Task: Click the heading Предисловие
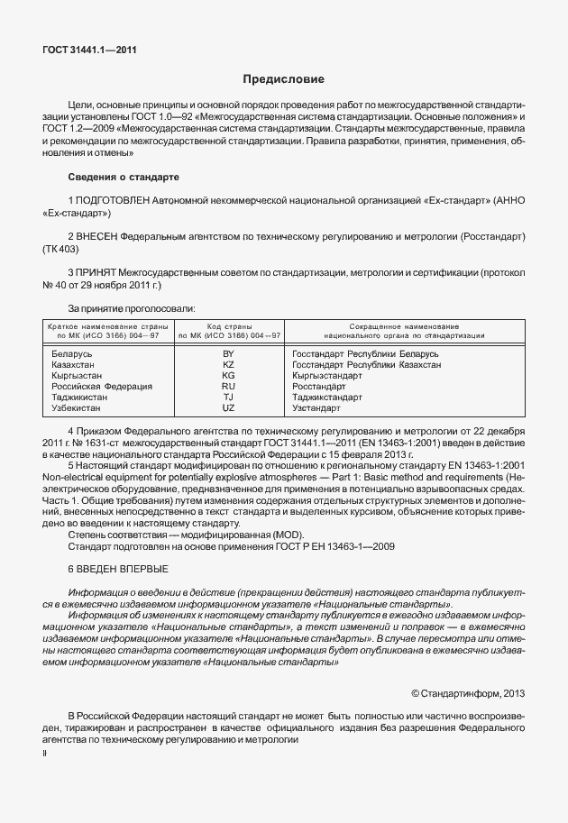283,80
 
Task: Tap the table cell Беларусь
72,354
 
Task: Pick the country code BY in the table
228,354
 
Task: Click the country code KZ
228,365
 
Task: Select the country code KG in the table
228,376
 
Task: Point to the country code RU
228,387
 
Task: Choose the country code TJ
228,398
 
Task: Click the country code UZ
228,408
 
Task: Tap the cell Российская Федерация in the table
102,387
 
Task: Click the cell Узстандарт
316,408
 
